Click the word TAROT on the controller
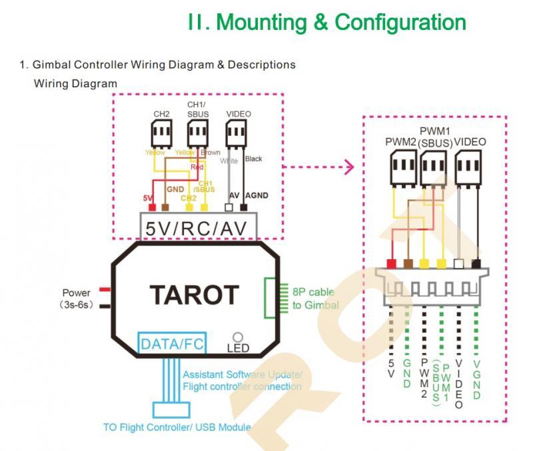[194, 294]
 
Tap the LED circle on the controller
[238, 338]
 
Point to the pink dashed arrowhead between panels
[348, 167]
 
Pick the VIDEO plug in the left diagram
[235, 135]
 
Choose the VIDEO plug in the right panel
[468, 165]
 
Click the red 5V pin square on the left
[151, 208]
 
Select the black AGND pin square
[249, 208]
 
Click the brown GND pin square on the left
[165, 208]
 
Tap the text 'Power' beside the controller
[76, 293]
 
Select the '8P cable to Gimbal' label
[315, 299]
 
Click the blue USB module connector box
[172, 409]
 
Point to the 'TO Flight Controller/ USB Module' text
[177, 427]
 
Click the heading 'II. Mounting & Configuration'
[326, 22]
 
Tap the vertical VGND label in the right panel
[476, 380]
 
